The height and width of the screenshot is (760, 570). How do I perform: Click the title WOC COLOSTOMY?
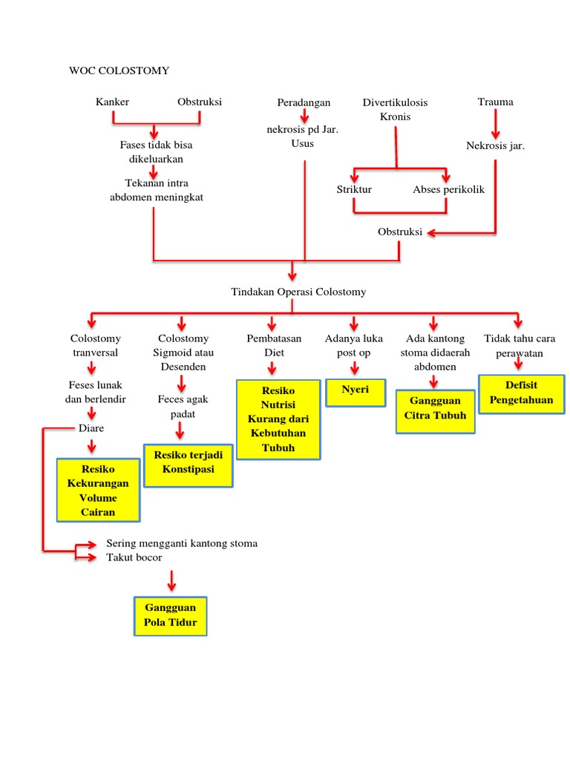point(119,71)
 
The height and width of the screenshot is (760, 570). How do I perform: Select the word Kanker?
point(112,102)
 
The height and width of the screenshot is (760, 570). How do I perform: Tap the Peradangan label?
point(304,102)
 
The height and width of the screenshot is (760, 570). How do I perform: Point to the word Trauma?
point(495,102)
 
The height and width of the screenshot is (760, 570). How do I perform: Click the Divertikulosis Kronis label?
point(395,109)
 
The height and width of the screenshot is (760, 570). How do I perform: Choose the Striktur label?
point(354,189)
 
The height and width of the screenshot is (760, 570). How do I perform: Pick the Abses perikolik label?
point(448,189)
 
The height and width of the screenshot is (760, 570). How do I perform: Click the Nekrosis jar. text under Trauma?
point(495,145)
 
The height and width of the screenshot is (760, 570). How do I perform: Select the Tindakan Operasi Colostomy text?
point(298,292)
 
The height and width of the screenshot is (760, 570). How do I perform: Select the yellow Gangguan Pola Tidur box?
point(171,615)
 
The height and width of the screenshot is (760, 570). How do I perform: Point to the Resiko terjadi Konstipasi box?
point(189,464)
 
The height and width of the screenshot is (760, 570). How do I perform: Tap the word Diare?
point(91,428)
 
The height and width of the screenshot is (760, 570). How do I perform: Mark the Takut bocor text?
point(134,557)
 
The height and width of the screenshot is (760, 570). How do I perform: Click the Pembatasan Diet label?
point(274,345)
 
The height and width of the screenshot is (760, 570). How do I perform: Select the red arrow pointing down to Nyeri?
point(355,367)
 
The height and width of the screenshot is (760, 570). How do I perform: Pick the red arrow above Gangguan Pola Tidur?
point(171,580)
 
